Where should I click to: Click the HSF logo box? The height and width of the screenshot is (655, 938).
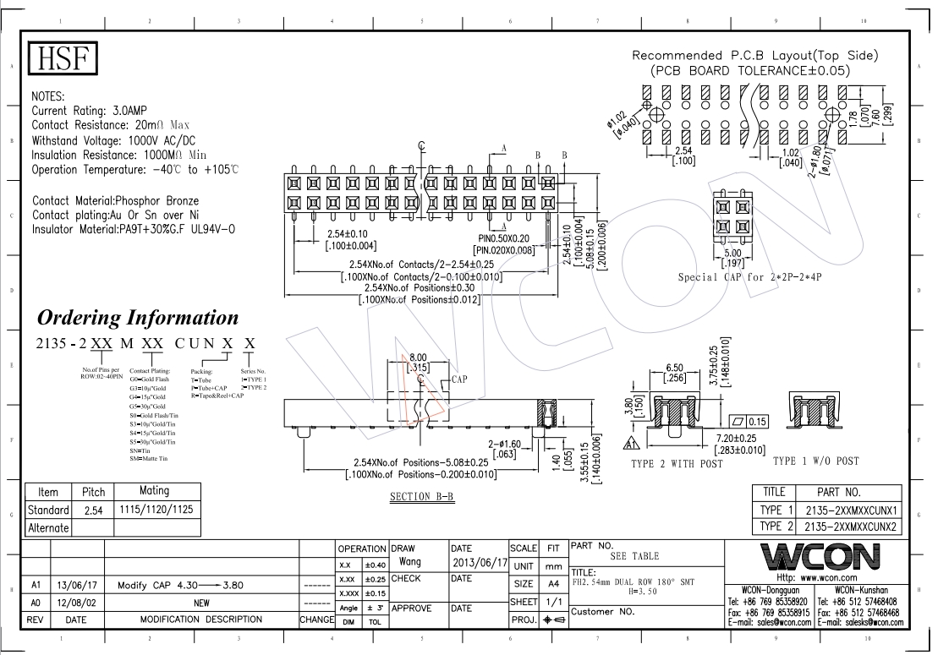pos(64,59)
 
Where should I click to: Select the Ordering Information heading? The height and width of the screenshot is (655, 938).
pos(138,318)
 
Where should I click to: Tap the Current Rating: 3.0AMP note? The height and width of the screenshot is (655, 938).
pos(92,111)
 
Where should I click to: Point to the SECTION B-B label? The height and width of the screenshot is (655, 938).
pos(422,497)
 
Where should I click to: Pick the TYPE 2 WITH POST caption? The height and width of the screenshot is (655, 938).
pos(677,464)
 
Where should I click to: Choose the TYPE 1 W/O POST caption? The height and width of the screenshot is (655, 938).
pos(815,461)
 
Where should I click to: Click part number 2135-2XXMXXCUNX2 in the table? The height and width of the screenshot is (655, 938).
pos(850,526)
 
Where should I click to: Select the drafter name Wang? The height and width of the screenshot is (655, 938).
pos(410,562)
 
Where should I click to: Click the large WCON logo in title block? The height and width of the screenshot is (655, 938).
pos(815,557)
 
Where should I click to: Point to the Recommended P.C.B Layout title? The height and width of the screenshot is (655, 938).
pos(755,56)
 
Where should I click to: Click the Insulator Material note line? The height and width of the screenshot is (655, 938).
pos(133,229)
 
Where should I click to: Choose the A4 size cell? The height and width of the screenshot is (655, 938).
pos(553,584)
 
